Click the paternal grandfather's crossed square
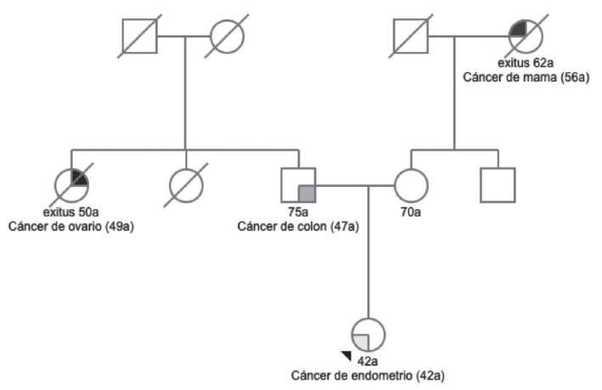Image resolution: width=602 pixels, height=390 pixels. (x=139, y=36)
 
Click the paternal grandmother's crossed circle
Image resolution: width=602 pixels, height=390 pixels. (x=228, y=36)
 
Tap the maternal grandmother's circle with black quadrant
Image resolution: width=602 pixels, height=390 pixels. (x=525, y=36)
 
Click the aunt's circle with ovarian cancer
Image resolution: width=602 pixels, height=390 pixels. (x=71, y=184)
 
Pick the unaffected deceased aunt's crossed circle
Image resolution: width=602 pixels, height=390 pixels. (x=185, y=184)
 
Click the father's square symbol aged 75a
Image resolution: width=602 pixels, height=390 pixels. (x=298, y=184)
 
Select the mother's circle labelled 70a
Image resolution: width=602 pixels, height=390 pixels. (x=411, y=184)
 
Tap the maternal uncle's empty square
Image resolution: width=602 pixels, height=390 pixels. (x=498, y=184)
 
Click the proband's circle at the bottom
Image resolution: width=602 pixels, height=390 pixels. (x=368, y=335)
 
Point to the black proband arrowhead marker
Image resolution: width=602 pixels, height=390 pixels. (x=346, y=356)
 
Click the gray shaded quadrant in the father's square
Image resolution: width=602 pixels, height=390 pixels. (x=307, y=193)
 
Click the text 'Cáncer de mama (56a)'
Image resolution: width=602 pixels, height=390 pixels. (x=526, y=76)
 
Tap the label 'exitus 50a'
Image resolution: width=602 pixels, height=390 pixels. (x=71, y=212)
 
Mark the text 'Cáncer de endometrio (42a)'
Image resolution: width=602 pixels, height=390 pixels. (x=368, y=375)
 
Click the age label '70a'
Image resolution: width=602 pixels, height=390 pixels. (x=411, y=212)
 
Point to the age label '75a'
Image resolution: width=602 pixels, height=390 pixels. (x=298, y=212)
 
